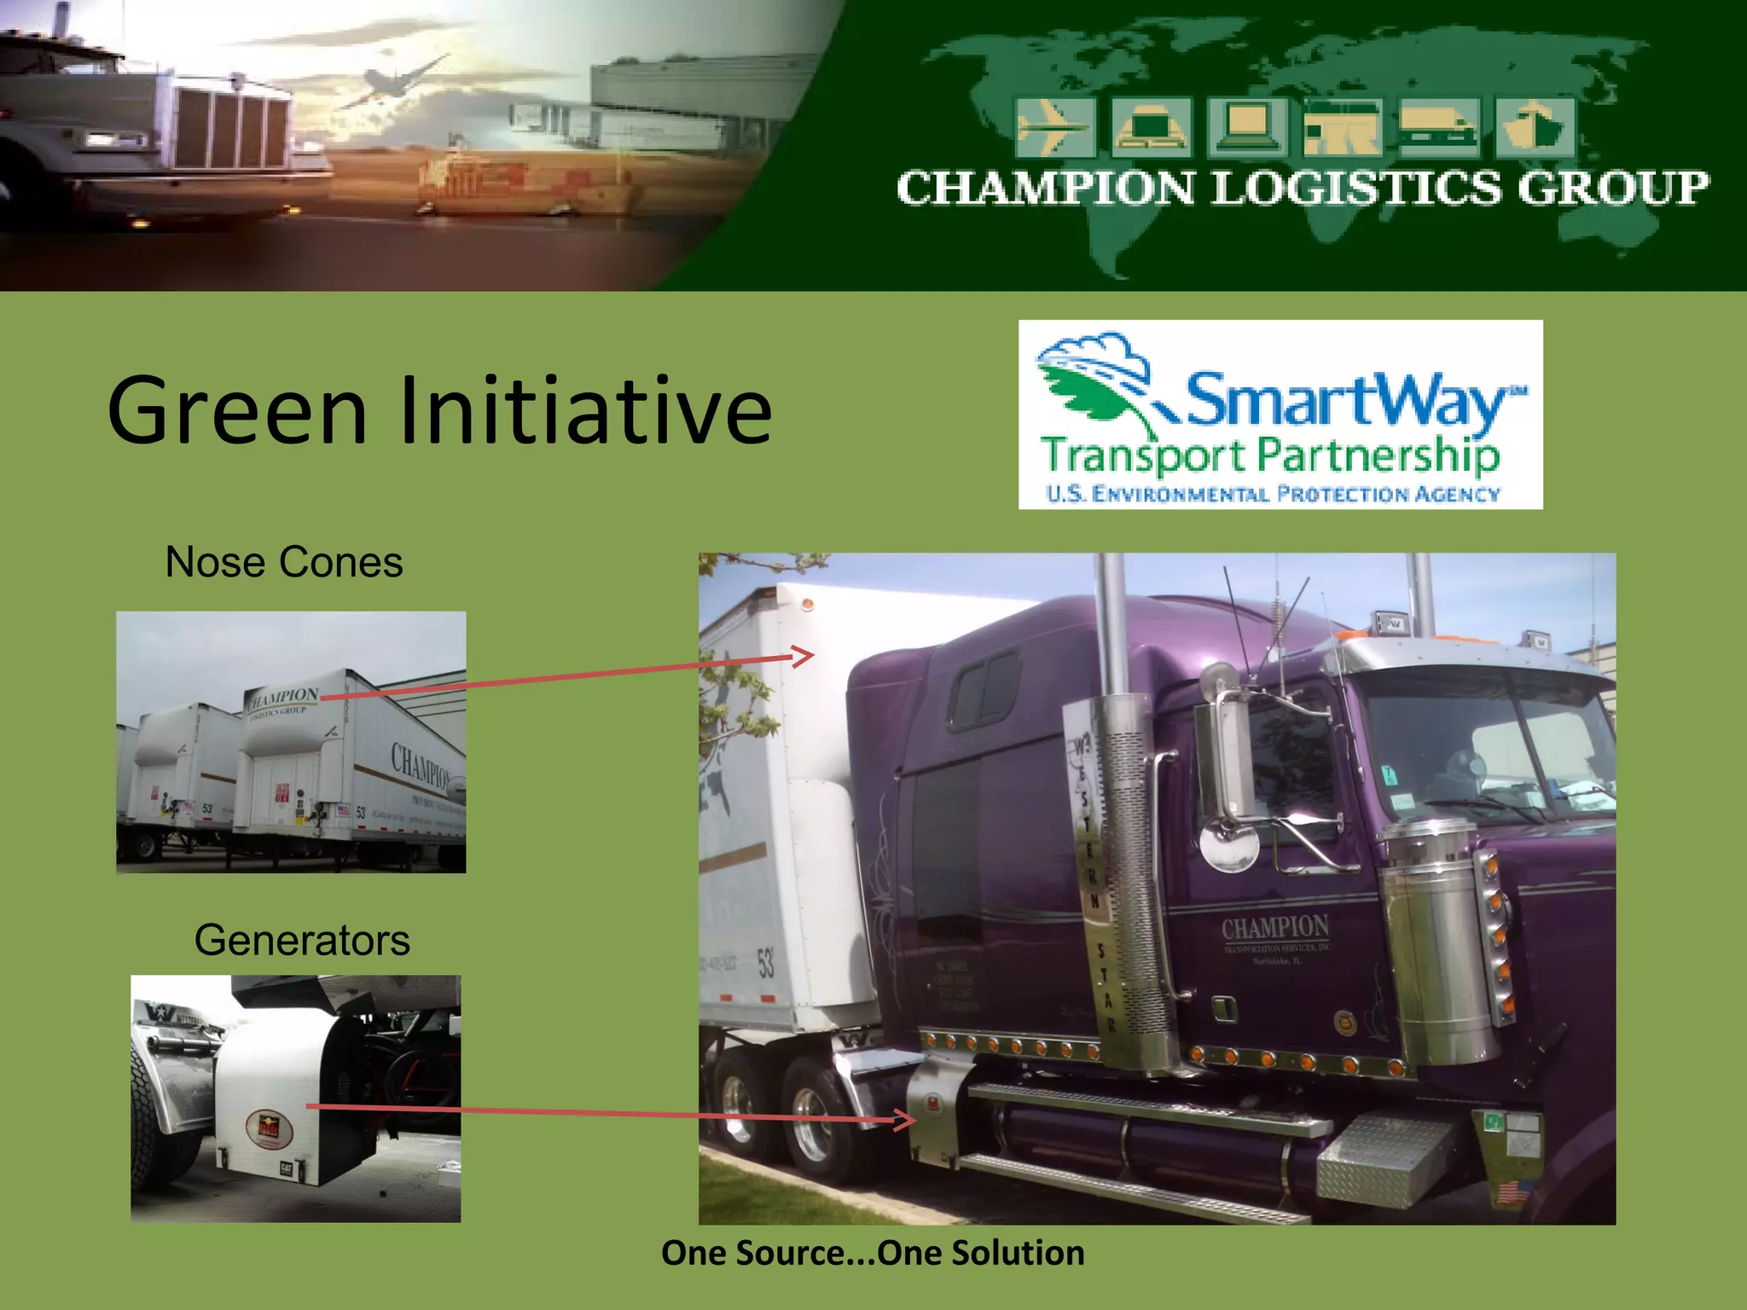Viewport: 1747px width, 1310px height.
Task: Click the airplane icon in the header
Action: click(1054, 128)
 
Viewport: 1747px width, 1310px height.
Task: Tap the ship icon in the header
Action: click(1535, 128)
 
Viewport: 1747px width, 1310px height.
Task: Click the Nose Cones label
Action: click(283, 563)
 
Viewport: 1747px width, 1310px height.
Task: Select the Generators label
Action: click(302, 941)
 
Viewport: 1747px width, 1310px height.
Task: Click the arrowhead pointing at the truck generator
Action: click(907, 1120)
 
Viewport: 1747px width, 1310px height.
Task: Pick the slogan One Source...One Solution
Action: click(873, 1253)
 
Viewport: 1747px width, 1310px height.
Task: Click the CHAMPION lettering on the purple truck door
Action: click(1274, 927)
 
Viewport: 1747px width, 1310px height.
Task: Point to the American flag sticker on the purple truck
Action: click(1512, 1191)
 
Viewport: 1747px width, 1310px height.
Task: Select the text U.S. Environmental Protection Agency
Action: click(1272, 494)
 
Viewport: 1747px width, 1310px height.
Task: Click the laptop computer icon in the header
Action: click(1246, 128)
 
